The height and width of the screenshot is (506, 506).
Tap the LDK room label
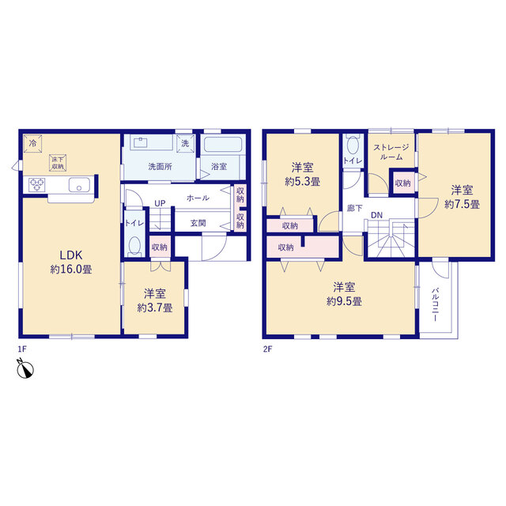(x=71, y=255)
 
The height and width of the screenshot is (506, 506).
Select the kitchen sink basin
(x=79, y=185)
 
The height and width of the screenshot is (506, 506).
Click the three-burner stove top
(x=37, y=185)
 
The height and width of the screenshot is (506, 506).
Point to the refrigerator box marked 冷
(x=32, y=143)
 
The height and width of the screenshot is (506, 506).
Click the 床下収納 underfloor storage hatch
(x=58, y=163)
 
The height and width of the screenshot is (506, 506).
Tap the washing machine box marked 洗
(x=185, y=143)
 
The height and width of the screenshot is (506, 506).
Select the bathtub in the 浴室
(x=223, y=144)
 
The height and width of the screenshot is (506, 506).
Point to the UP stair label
(x=160, y=203)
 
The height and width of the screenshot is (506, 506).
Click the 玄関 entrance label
(x=198, y=223)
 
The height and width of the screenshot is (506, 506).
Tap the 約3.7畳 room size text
(x=155, y=308)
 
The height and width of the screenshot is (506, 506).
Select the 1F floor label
(x=22, y=349)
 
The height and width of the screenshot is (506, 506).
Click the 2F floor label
(x=267, y=349)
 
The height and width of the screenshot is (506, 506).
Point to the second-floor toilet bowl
(x=353, y=145)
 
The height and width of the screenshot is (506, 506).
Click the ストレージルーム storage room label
(x=391, y=153)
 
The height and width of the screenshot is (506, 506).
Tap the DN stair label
(x=376, y=215)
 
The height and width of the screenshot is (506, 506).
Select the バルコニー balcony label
(x=435, y=304)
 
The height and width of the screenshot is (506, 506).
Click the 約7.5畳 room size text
(x=462, y=204)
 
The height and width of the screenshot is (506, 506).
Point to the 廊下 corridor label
(x=355, y=209)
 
